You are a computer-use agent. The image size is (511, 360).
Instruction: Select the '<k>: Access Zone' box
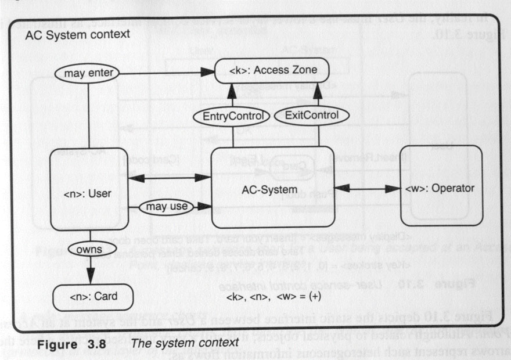click(272, 72)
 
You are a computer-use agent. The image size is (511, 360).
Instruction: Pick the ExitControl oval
click(312, 115)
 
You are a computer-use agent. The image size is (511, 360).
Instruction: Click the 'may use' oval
click(158, 206)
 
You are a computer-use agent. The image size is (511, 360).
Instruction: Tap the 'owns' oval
click(89, 250)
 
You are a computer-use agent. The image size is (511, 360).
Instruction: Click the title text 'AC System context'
click(77, 35)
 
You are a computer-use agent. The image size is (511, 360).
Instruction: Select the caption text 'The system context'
click(185, 343)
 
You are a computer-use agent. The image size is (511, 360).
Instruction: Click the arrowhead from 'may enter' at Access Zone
click(208, 73)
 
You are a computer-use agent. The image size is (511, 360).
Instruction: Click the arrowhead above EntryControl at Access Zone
click(231, 88)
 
